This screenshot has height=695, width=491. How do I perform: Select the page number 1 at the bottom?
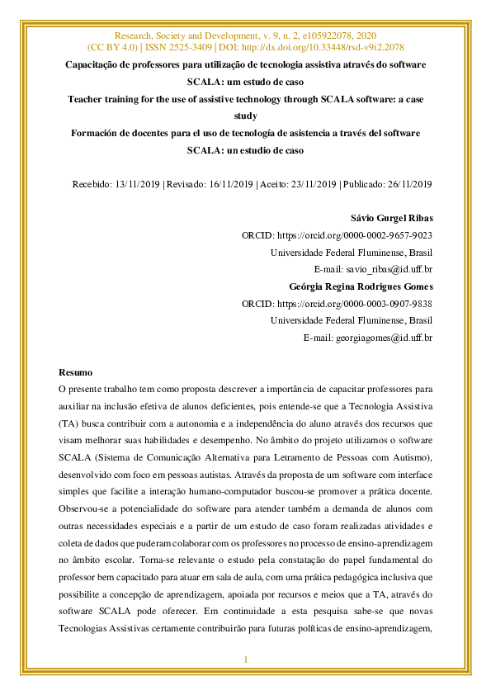245,660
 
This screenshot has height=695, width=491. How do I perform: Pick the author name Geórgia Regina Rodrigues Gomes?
361,286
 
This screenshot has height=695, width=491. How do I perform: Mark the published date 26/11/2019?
405,184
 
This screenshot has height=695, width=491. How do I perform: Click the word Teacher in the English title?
87,99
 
